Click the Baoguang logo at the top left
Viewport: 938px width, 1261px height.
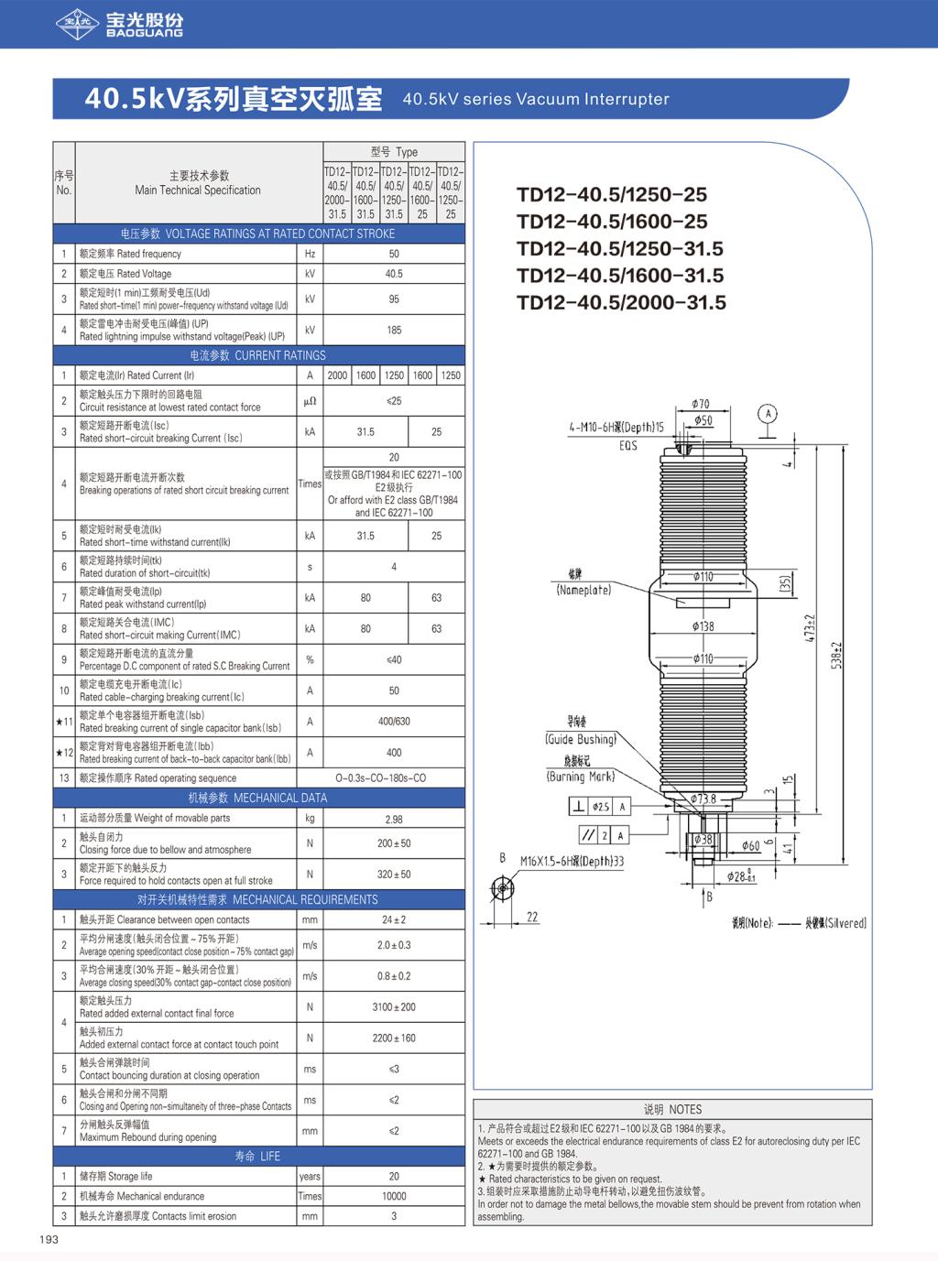coord(118,25)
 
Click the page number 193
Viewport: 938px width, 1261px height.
coord(49,1239)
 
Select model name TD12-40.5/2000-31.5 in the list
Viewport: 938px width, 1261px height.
coord(621,302)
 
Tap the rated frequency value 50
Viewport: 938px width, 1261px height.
coord(394,254)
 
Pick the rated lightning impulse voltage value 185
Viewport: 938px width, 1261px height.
coord(394,330)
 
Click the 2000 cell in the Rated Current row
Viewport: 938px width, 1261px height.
coord(337,375)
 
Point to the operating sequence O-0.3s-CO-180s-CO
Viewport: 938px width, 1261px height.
coord(394,778)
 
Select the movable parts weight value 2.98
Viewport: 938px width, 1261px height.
coord(394,819)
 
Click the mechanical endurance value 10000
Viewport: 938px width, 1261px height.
coord(394,1196)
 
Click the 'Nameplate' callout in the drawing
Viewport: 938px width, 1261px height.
coord(584,591)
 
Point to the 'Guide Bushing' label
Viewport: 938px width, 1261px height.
coord(581,739)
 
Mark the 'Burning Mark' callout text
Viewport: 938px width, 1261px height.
coord(581,777)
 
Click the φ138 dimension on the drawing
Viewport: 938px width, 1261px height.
coord(703,626)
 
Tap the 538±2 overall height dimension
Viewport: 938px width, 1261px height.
coord(835,655)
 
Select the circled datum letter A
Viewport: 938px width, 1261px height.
coord(768,414)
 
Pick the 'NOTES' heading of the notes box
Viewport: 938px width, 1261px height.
coord(672,1109)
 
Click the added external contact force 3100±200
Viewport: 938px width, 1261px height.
coord(394,1007)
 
